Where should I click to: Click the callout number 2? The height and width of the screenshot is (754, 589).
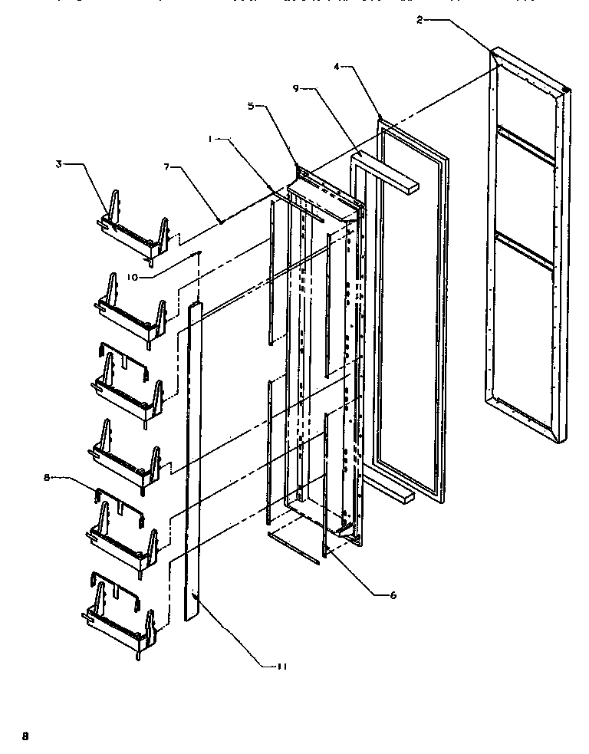[x=420, y=21]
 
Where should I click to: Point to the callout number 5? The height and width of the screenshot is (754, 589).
[x=250, y=106]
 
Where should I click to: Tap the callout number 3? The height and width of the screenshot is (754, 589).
[x=58, y=164]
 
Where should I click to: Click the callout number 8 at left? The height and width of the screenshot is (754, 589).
[x=48, y=477]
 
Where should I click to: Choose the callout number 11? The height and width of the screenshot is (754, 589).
[x=281, y=667]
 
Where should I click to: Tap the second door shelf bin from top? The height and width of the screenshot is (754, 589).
[x=130, y=308]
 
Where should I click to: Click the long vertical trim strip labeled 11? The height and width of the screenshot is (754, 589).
[x=192, y=460]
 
